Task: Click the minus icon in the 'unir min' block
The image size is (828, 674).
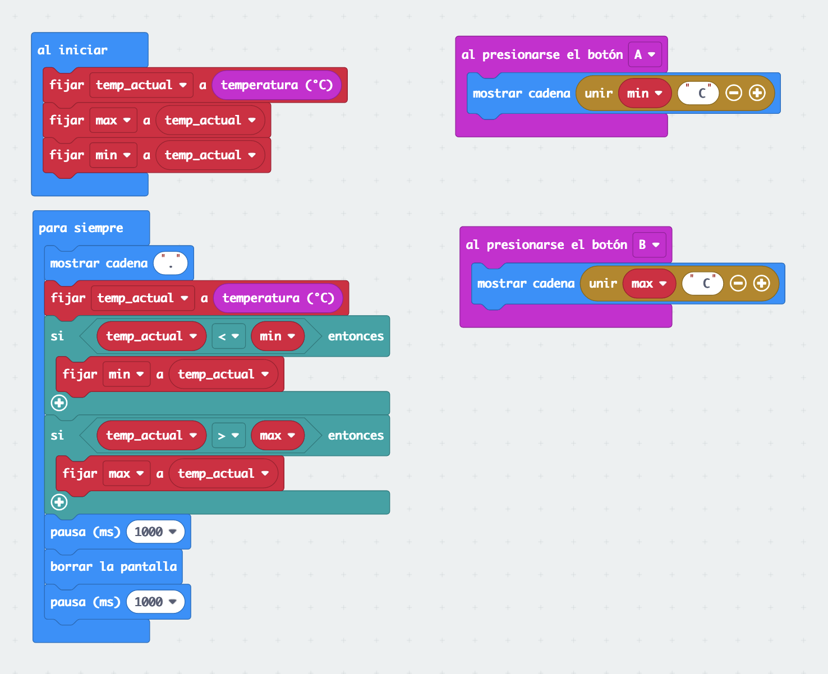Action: tap(734, 93)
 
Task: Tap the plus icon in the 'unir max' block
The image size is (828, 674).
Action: tap(761, 283)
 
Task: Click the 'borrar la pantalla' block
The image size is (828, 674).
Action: tap(113, 567)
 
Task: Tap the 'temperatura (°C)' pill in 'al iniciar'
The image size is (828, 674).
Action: tap(277, 85)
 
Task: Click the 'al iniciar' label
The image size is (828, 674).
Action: tap(72, 50)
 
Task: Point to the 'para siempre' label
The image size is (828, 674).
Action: tap(81, 228)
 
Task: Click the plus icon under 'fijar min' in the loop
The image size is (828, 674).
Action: tap(59, 403)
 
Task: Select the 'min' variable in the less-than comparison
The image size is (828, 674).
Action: tap(277, 336)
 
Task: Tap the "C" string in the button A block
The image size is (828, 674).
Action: tap(698, 93)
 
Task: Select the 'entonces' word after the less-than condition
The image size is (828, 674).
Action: tap(356, 336)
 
